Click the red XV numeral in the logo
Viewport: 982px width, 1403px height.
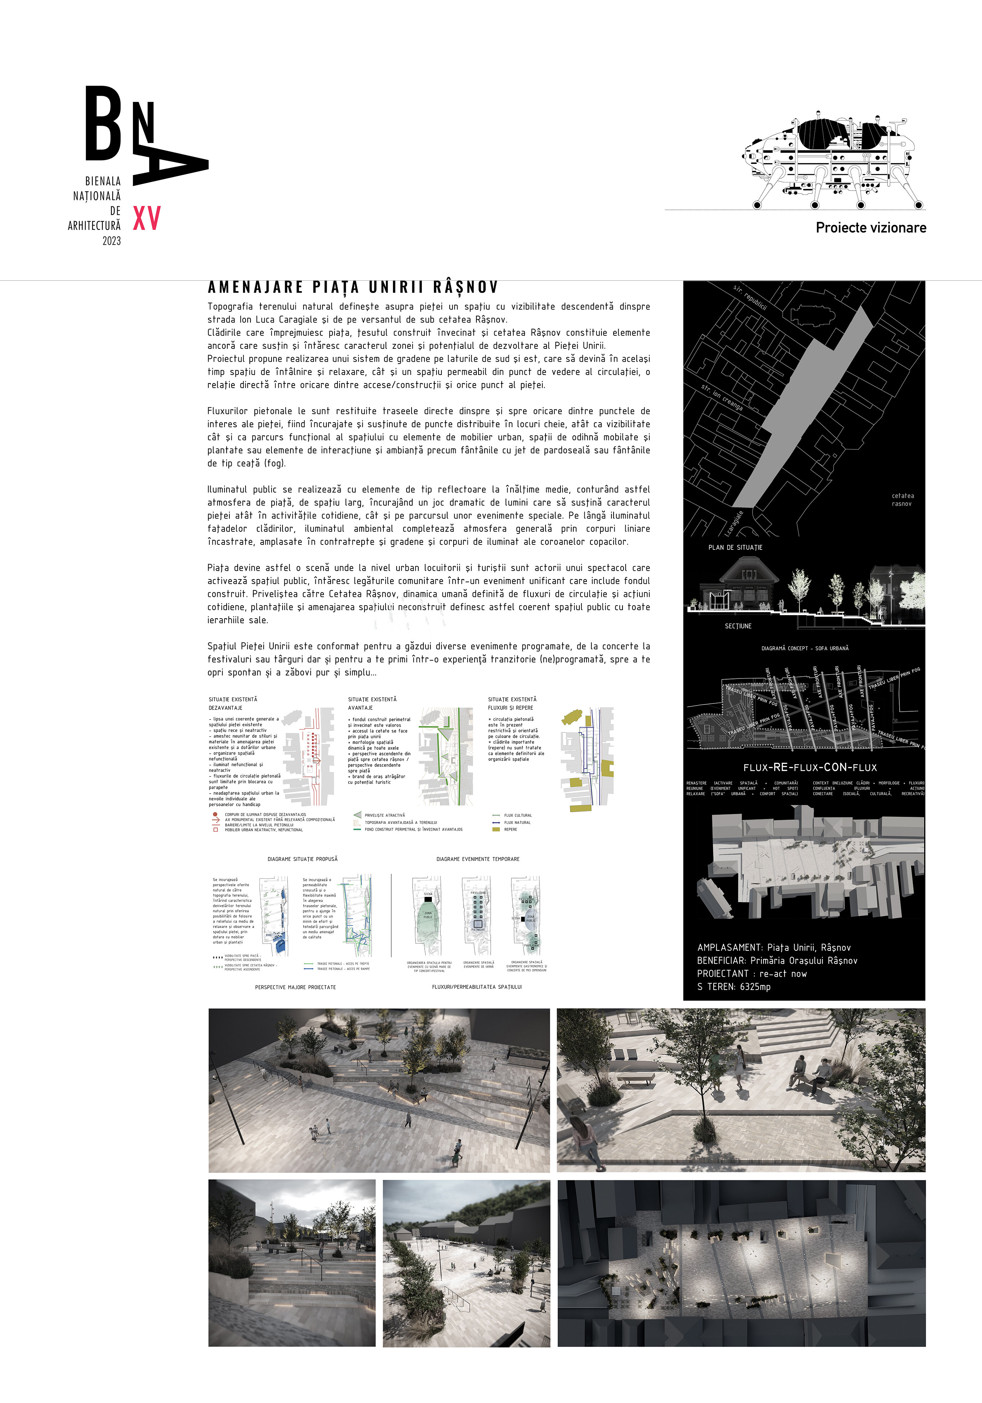point(147,218)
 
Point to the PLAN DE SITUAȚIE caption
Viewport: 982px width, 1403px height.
point(735,547)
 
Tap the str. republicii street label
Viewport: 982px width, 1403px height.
point(750,296)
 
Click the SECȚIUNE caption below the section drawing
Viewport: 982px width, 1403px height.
point(738,626)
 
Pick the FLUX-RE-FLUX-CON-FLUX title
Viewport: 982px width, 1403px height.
point(810,768)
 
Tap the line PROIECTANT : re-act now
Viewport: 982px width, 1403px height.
point(751,974)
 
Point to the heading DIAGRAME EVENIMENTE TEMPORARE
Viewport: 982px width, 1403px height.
point(478,859)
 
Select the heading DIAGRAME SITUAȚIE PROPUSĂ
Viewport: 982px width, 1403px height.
point(303,859)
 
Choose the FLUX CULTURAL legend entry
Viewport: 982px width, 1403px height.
point(518,815)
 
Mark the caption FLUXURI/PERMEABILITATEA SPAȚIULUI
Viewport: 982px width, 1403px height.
point(477,987)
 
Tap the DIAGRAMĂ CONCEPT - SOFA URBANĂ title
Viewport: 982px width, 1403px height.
point(805,648)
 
